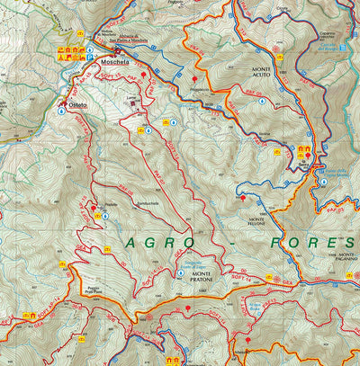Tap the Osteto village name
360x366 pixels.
point(77,105)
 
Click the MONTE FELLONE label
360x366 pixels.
point(262,223)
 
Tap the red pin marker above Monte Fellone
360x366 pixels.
point(242,194)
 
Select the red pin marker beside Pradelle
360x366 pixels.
point(94,208)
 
